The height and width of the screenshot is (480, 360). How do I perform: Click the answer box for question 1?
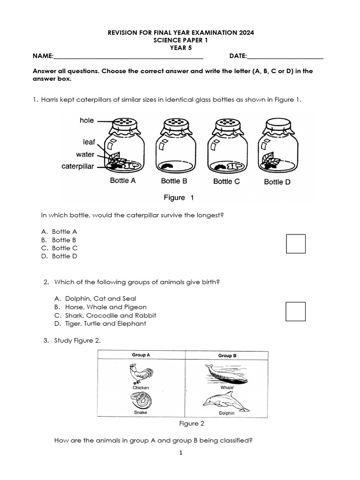tap(295, 244)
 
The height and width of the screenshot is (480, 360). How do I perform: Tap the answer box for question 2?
tap(295, 312)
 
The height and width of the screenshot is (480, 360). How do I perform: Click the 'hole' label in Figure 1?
tap(87, 120)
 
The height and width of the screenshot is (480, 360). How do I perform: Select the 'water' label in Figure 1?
tap(85, 154)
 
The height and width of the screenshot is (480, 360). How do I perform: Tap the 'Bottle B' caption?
tap(174, 181)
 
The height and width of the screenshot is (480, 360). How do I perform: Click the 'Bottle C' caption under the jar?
tap(226, 181)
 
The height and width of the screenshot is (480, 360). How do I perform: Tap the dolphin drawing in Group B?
tap(225, 401)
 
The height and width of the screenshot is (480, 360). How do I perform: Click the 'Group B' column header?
tap(227, 356)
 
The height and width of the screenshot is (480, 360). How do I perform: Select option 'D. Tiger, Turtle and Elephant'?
tap(100, 323)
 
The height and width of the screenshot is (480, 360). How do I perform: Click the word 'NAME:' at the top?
tap(43, 56)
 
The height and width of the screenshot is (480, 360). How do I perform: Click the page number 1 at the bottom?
tap(180, 453)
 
